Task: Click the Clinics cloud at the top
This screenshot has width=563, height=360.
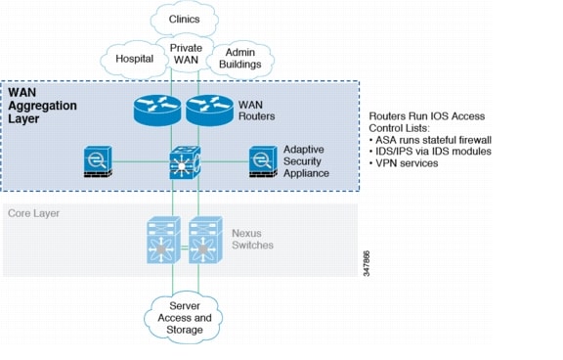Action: point(185,17)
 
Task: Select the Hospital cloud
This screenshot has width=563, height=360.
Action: point(134,59)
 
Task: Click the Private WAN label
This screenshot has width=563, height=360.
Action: point(186,54)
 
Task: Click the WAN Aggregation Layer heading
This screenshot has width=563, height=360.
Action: point(44,103)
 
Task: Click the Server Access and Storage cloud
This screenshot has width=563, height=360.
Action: point(185,317)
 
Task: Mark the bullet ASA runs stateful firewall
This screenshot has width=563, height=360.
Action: point(431,139)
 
